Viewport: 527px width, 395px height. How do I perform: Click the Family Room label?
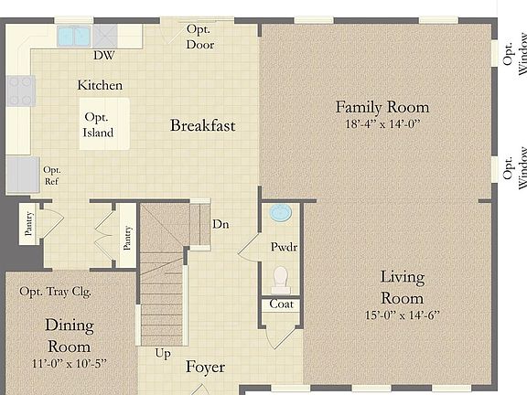[382, 107]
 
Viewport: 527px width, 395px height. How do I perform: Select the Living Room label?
[402, 287]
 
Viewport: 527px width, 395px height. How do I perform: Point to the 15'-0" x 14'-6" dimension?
[402, 315]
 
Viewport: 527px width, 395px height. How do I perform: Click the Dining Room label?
[69, 335]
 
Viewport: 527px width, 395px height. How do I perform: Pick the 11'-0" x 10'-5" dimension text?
[69, 363]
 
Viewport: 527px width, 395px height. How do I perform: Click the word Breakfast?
[202, 125]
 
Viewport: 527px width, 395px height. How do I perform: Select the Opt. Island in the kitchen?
[98, 125]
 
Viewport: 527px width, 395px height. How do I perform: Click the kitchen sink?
[74, 37]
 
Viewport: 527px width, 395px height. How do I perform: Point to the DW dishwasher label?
[103, 55]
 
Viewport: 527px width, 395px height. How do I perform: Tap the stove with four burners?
[20, 91]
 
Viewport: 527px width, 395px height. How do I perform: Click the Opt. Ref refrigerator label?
[52, 175]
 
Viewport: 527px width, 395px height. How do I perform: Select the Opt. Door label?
[200, 37]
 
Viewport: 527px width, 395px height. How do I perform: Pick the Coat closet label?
[282, 304]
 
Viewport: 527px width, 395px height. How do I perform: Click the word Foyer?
[205, 368]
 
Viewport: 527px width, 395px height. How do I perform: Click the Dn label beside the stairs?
[220, 224]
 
